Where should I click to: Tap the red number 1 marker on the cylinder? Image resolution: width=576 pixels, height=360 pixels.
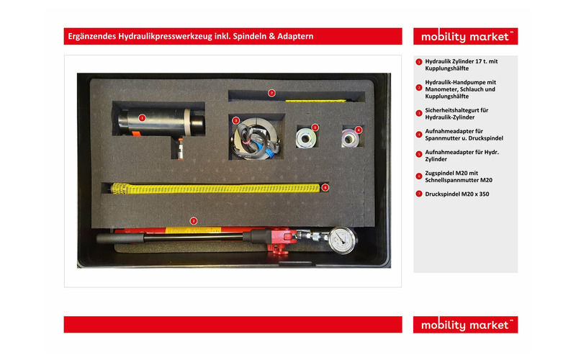(x=142, y=117)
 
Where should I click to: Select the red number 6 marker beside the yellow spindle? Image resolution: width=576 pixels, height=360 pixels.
(x=325, y=187)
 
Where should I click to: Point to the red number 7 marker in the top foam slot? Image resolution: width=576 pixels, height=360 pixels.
(x=271, y=93)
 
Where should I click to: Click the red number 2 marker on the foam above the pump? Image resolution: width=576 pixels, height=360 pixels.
(x=193, y=220)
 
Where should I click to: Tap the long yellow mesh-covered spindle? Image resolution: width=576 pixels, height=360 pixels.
(x=216, y=189)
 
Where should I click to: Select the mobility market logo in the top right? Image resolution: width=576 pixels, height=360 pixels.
(x=465, y=37)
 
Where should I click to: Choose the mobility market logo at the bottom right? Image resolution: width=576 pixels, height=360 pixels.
(x=465, y=325)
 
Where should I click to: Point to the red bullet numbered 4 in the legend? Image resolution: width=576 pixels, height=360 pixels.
(x=419, y=134)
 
